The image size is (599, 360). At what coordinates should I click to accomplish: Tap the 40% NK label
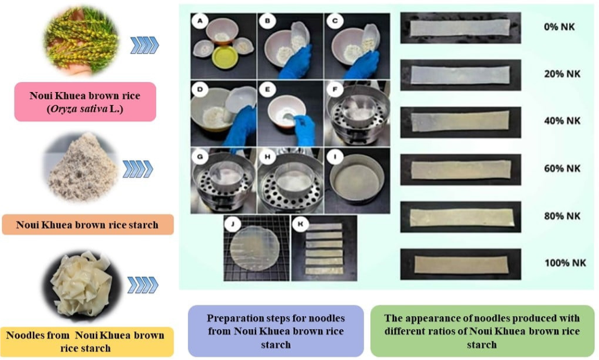click(561, 121)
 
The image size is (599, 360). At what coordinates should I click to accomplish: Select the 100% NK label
click(564, 263)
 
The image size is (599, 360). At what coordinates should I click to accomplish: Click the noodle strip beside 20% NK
click(459, 75)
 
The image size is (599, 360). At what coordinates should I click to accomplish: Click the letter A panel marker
click(198, 22)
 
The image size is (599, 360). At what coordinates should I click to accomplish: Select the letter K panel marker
click(300, 225)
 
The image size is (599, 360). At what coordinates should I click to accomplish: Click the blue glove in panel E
click(303, 129)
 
